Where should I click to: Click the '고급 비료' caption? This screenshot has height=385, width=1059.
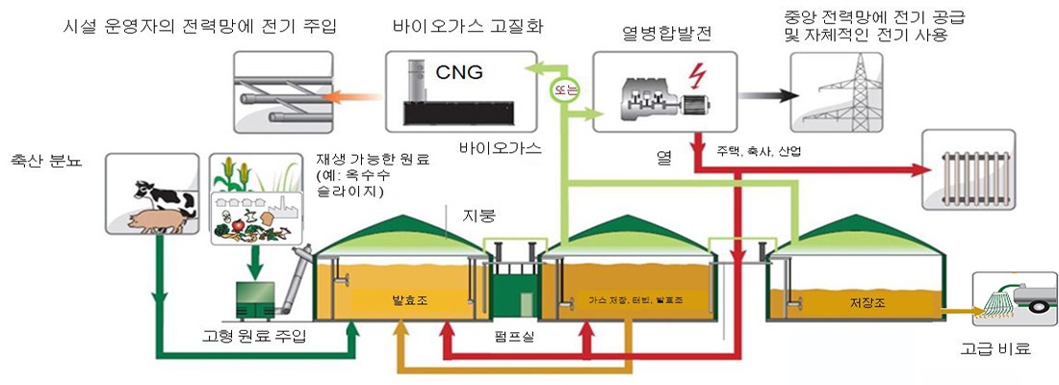point(997,348)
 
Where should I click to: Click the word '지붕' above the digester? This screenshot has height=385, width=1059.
point(479,213)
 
